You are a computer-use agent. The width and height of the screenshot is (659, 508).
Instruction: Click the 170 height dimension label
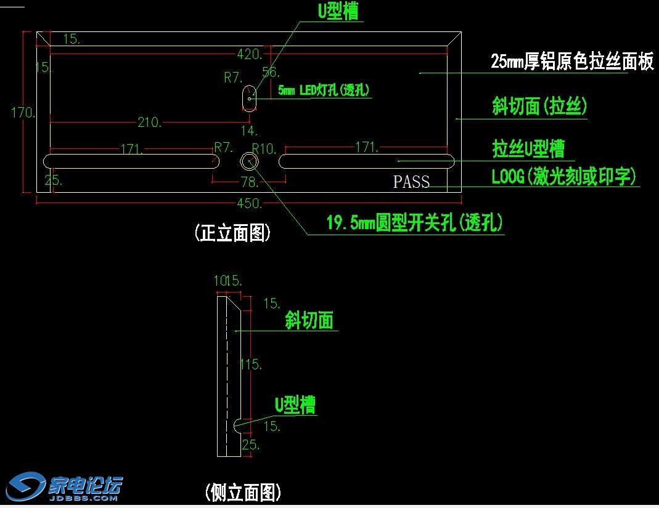click(x=22, y=112)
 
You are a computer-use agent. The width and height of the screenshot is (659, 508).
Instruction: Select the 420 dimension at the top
click(x=250, y=55)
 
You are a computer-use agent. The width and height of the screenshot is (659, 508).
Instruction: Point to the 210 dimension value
click(x=150, y=123)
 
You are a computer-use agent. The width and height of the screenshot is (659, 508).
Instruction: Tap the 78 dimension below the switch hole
click(x=249, y=182)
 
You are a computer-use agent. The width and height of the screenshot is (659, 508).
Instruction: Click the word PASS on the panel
click(x=411, y=182)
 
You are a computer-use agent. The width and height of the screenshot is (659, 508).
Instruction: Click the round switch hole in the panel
click(x=250, y=161)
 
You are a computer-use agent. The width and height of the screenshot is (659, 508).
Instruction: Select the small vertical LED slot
click(x=249, y=98)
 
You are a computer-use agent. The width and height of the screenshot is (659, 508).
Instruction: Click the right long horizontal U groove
click(x=367, y=161)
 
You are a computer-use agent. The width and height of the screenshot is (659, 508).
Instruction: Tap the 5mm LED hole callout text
click(x=324, y=91)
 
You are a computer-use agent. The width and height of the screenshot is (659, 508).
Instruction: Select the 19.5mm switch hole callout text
click(x=414, y=223)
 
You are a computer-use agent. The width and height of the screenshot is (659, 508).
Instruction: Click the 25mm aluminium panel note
click(x=571, y=62)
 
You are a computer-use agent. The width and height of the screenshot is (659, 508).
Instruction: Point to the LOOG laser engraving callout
click(x=563, y=177)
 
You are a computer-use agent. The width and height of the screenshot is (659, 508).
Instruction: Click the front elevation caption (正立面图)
click(x=232, y=233)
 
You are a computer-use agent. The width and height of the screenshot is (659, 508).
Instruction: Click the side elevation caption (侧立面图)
click(x=244, y=492)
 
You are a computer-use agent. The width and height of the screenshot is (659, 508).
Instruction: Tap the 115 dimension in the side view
click(x=251, y=365)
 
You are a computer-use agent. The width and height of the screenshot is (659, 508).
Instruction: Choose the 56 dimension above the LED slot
click(x=271, y=72)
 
